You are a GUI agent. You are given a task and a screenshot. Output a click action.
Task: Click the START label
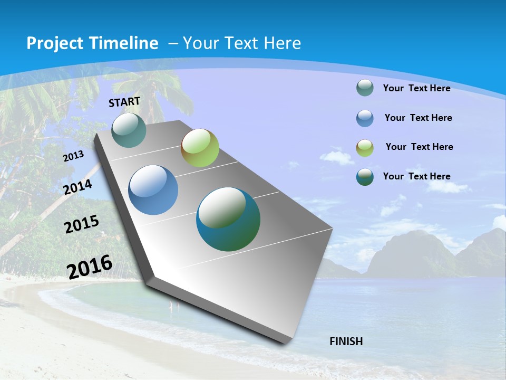[x=124, y=102]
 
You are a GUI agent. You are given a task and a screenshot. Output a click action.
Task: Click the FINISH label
[x=346, y=341]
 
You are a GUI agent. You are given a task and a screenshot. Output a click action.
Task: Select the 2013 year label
[x=73, y=156]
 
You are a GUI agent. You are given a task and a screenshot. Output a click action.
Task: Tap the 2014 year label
[x=78, y=187]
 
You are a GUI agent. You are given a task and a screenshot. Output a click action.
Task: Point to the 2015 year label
[x=82, y=224]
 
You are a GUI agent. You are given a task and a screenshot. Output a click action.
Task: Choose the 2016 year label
[x=90, y=267]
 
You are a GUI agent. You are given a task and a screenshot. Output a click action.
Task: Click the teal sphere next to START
[x=129, y=130]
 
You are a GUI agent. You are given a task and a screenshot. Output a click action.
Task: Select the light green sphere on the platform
[x=200, y=148]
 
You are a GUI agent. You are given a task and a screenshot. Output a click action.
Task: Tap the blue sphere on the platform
[x=153, y=190]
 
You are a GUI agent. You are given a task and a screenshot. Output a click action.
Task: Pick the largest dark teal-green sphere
[x=228, y=219]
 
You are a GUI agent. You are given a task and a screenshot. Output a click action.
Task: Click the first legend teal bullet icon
[x=365, y=88]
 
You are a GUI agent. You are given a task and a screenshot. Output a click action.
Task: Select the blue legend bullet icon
[x=365, y=118]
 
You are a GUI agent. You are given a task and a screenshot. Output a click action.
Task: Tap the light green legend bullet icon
[x=365, y=147]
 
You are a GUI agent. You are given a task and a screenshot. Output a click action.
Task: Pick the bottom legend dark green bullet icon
[x=365, y=177]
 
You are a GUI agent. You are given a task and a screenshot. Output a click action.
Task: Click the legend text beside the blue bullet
[x=418, y=118]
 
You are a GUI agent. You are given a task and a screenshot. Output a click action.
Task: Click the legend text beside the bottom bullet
[x=416, y=176]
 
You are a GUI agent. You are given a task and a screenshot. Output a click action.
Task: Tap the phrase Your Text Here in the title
[x=242, y=43]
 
